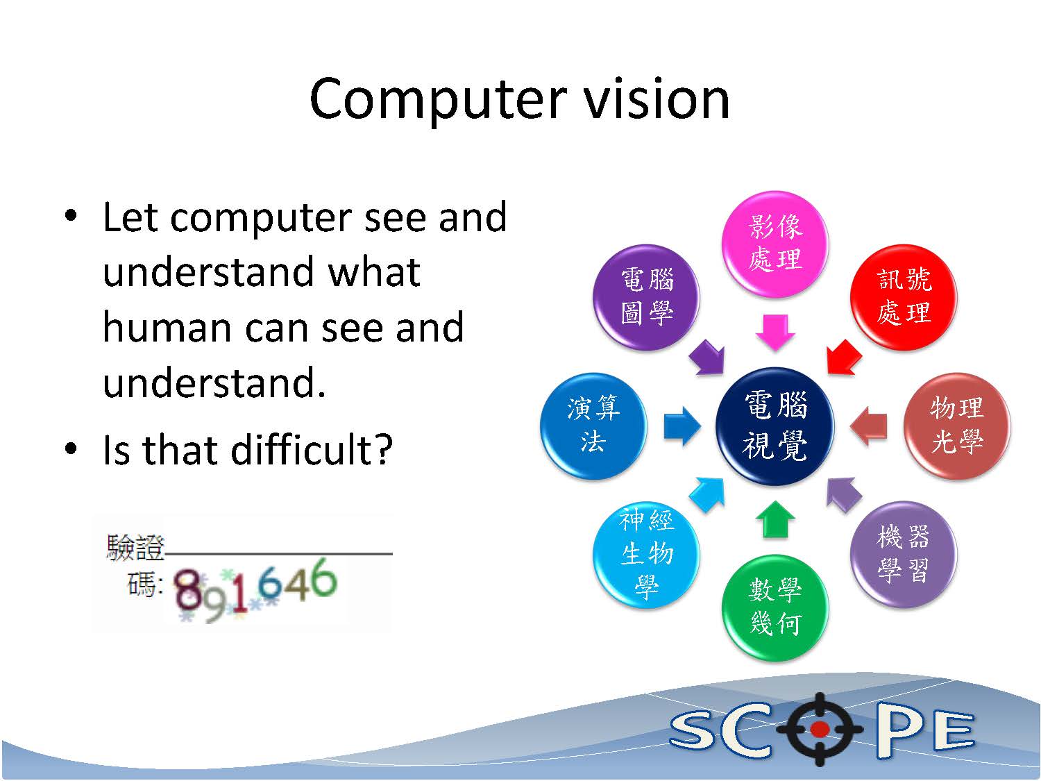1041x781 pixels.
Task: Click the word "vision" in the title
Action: pos(656,99)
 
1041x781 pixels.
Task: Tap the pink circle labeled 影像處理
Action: pos(775,244)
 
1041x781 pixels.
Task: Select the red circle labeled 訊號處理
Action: pos(904,297)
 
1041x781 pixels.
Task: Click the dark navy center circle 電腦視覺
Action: pos(775,426)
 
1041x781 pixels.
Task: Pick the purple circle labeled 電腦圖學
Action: pos(646,297)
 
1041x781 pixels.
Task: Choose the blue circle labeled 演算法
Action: pos(593,426)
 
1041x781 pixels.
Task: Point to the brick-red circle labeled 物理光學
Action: pos(956,426)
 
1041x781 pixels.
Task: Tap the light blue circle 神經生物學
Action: pos(646,554)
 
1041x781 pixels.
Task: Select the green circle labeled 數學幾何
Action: pos(775,607)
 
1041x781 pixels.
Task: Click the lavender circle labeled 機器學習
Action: pos(904,554)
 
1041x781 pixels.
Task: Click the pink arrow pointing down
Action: pos(775,332)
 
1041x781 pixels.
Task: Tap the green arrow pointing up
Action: pos(775,520)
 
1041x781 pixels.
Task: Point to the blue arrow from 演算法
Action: pos(682,426)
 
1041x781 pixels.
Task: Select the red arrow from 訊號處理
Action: pos(843,357)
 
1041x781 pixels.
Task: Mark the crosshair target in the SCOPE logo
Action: pos(820,729)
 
